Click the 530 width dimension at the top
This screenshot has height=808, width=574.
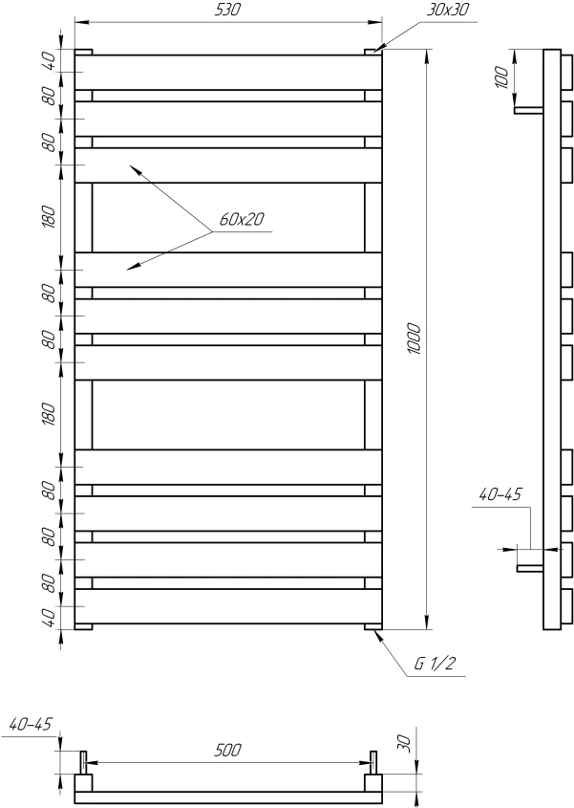click(227, 10)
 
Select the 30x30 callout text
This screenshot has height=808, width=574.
click(447, 10)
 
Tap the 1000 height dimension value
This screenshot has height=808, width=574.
click(414, 338)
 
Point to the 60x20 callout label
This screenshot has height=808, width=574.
click(242, 219)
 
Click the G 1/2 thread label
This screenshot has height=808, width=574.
click(435, 664)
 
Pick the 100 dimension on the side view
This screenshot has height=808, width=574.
click(502, 77)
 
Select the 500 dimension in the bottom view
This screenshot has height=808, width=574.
click(227, 750)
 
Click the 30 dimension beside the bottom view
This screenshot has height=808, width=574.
click(405, 744)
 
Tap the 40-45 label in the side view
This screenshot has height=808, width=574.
click(500, 494)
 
